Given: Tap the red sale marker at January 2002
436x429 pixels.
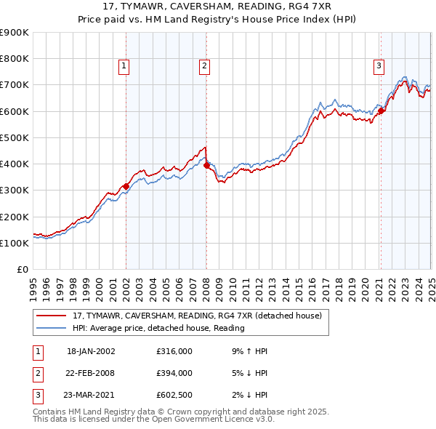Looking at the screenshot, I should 126,186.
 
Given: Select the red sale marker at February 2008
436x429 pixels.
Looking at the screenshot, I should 206,166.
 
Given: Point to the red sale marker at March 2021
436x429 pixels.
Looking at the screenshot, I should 381,111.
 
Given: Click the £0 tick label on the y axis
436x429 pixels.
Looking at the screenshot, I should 22,270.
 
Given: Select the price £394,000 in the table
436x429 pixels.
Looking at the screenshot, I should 174,373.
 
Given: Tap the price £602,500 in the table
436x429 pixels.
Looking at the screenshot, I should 174,395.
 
